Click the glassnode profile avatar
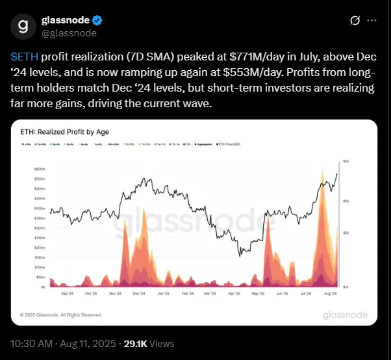[23, 27]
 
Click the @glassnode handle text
[69, 33]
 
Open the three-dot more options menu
[372, 21]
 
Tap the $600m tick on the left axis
[39, 169]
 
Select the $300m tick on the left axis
[39, 228]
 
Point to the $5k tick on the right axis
[346, 161]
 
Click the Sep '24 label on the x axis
[66, 294]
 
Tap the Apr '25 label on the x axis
[234, 294]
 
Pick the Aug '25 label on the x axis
[329, 294]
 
